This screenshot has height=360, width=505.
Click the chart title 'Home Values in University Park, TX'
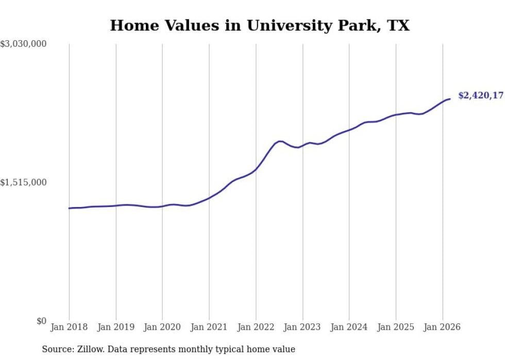[260, 25]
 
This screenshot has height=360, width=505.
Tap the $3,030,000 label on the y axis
[24, 44]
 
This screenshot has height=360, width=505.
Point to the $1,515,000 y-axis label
[24, 182]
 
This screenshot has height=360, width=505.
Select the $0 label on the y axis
[41, 321]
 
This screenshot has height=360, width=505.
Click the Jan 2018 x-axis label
[69, 327]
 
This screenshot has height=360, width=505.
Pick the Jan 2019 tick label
[116, 327]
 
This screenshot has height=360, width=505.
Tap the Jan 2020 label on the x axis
[162, 327]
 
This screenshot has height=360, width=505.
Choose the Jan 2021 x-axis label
[209, 327]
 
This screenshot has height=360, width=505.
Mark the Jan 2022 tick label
[256, 327]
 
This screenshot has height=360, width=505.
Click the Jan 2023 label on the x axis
[302, 327]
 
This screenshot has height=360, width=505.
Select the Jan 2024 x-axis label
[349, 327]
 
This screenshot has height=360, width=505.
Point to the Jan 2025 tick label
[396, 327]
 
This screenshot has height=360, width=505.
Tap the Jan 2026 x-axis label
[442, 327]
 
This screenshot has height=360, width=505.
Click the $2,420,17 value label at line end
[481, 95]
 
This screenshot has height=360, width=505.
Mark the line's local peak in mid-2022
[280, 141]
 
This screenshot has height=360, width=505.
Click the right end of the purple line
[450, 99]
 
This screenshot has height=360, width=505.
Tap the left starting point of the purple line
[69, 208]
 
